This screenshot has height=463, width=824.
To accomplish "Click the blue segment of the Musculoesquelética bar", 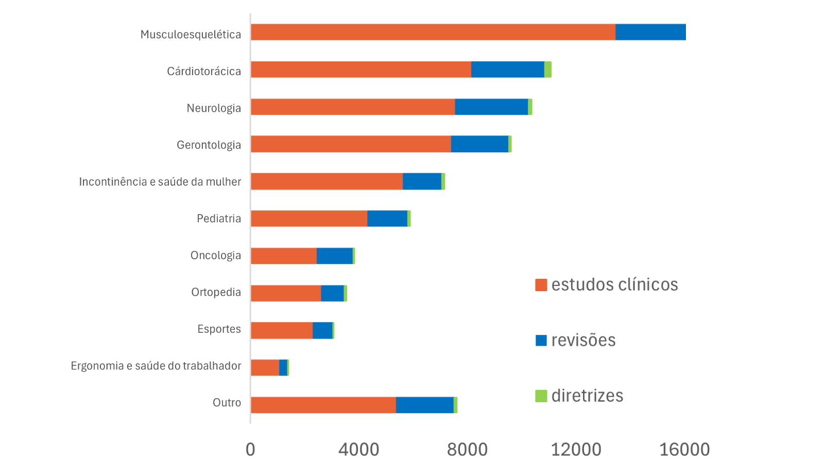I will (650, 32).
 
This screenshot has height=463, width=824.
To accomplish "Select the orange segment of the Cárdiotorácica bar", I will (360, 69).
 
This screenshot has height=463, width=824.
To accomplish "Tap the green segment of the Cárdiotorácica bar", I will (548, 69).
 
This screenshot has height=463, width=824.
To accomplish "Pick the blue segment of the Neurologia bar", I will (491, 107).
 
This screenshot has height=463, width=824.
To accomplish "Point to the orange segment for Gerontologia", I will (350, 144).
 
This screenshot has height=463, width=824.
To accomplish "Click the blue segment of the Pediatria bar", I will (387, 218).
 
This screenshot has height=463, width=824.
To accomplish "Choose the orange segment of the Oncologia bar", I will (283, 256).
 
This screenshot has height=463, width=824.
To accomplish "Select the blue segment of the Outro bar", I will (424, 405).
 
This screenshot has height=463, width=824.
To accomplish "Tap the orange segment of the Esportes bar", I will (281, 330).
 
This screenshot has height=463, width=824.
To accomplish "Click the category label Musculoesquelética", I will (191, 34).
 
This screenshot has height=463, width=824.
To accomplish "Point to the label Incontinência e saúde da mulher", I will (160, 182).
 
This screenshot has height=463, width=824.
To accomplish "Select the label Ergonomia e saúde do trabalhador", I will (156, 366).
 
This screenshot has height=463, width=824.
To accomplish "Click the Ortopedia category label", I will (216, 292).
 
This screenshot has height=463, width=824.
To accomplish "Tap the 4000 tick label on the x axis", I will (358, 450).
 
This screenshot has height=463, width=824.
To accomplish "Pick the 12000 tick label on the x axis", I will (576, 450).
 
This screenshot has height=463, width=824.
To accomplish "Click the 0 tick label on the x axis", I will (250, 450).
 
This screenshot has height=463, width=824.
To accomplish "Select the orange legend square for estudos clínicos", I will (541, 285).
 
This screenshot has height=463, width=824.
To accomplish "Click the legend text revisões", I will (583, 340).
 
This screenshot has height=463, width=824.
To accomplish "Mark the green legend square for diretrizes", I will (541, 396).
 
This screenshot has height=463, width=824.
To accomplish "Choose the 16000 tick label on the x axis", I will (684, 450).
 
